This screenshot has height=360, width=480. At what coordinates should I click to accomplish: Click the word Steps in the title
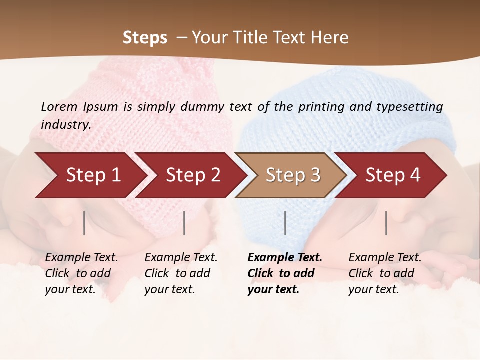pyautogui.click(x=145, y=38)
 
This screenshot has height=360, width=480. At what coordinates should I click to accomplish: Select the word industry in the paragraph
pyautogui.click(x=66, y=125)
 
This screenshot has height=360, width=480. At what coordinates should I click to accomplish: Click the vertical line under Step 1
pyautogui.click(x=84, y=223)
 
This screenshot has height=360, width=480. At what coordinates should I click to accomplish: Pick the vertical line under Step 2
pyautogui.click(x=184, y=223)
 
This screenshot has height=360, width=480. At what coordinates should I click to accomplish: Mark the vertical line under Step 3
pyautogui.click(x=285, y=223)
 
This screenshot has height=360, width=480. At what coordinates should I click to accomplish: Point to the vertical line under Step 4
pyautogui.click(x=386, y=223)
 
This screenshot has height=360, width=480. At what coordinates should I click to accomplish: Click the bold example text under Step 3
pyautogui.click(x=284, y=273)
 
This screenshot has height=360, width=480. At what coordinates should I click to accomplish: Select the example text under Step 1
pyautogui.click(x=81, y=273)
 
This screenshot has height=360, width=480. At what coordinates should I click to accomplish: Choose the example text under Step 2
pyautogui.click(x=181, y=273)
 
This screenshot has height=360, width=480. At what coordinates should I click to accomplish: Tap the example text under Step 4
pyautogui.click(x=385, y=273)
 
